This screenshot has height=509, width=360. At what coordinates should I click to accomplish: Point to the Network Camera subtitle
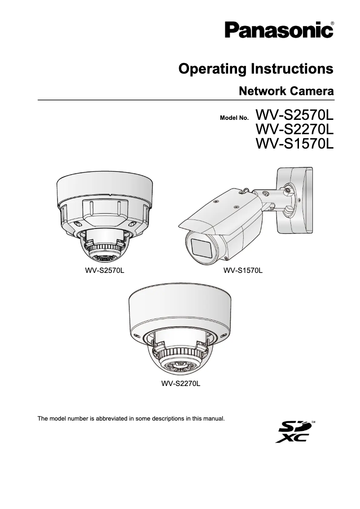click(286, 92)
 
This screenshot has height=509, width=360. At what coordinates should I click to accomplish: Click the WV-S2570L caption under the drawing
click(105, 271)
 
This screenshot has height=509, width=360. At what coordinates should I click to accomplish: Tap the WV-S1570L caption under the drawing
click(243, 271)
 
